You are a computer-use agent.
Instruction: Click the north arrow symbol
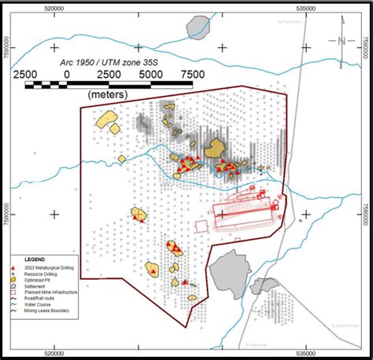point(338,40)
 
